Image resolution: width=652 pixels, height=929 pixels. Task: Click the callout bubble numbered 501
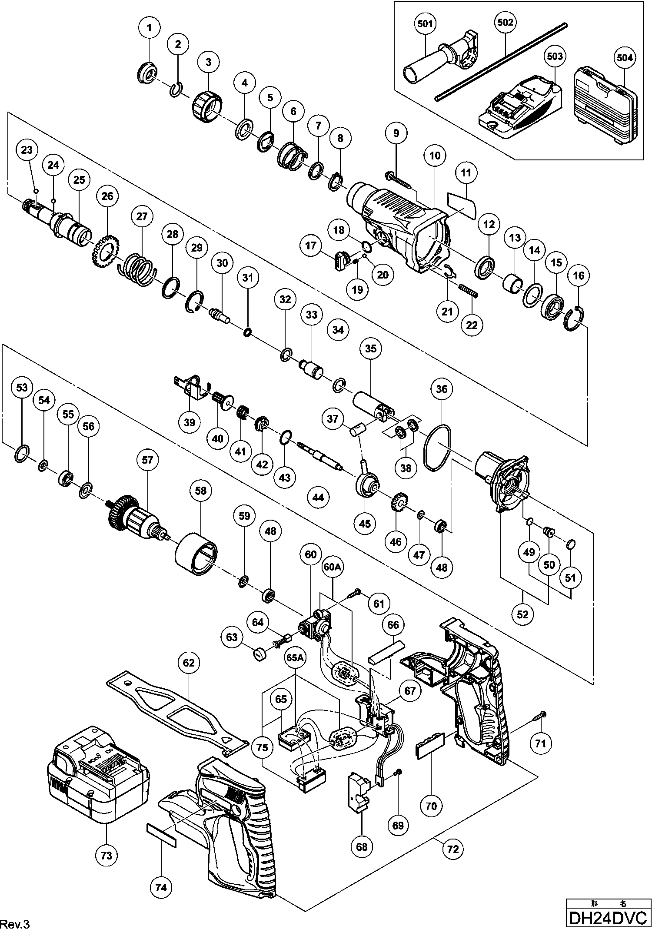425,23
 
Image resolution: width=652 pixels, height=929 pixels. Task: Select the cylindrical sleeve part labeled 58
197,557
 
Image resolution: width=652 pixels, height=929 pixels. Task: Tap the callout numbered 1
149,29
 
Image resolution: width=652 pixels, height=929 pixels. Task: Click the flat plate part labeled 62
176,713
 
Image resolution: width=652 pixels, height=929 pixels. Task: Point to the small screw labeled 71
542,713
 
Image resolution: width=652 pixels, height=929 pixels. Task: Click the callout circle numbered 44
318,497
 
